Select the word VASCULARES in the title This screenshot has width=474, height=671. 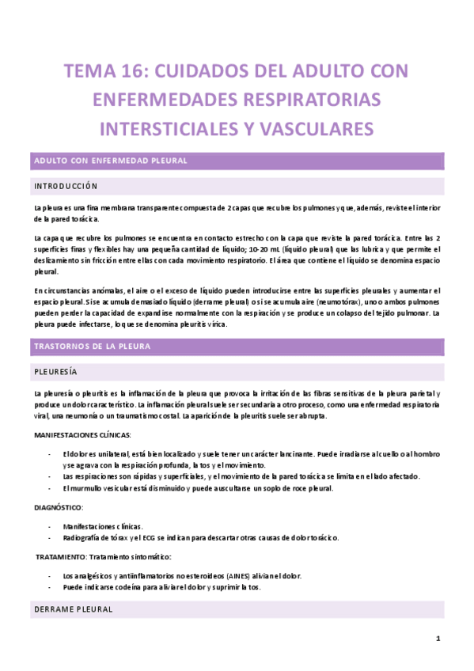point(316,127)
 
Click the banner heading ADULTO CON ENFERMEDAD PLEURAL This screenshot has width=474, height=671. point(109,161)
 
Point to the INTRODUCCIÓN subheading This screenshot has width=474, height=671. point(65,187)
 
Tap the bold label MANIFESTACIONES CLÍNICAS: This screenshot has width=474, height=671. point(82,435)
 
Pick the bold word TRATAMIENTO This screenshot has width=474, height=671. point(63,558)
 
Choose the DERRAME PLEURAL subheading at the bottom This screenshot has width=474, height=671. point(73,610)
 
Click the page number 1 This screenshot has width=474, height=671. point(438,639)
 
